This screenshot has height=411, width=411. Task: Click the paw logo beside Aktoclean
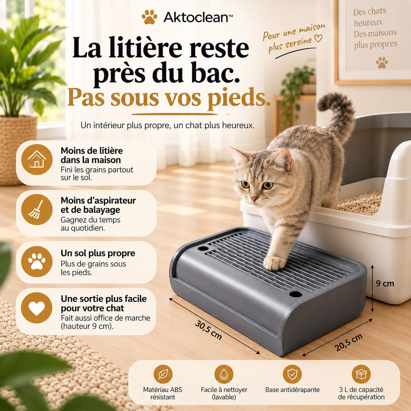149,17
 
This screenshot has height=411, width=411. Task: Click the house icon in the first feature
37,160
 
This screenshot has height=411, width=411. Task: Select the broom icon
37,210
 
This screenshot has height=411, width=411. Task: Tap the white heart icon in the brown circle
37,308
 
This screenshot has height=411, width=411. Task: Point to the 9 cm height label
385,284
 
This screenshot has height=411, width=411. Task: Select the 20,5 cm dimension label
349,342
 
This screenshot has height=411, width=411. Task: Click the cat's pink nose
254,199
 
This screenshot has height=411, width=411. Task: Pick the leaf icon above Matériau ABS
163,374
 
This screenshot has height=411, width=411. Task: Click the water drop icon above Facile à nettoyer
224,374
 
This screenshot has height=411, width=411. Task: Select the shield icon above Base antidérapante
292,374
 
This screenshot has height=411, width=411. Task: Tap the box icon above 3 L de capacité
361,374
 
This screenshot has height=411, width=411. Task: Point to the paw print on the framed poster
382,62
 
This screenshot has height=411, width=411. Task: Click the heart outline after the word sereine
318,38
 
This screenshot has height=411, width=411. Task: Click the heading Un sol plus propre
98,253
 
